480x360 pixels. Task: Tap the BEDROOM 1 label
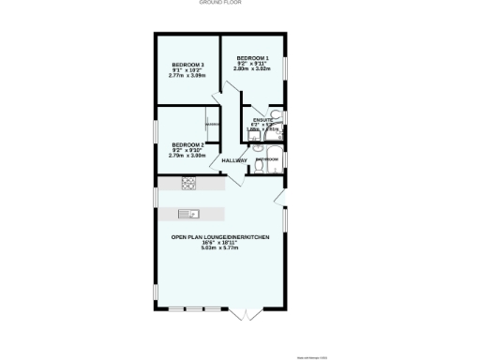[253, 57]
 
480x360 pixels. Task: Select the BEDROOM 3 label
[187, 65]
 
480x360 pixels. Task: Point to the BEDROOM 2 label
[187, 144]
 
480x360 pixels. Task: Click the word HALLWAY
[234, 160]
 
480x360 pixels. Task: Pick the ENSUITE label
[263, 120]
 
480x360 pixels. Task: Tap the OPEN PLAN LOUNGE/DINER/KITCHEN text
[220, 237]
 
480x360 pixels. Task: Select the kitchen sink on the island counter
[186, 211]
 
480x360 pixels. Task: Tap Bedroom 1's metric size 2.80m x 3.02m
[253, 68]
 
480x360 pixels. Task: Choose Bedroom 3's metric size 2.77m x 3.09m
[187, 76]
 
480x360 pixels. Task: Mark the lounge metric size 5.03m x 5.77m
[220, 248]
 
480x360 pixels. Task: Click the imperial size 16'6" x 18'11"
[220, 243]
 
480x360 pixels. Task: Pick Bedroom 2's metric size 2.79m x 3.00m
[187, 156]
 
